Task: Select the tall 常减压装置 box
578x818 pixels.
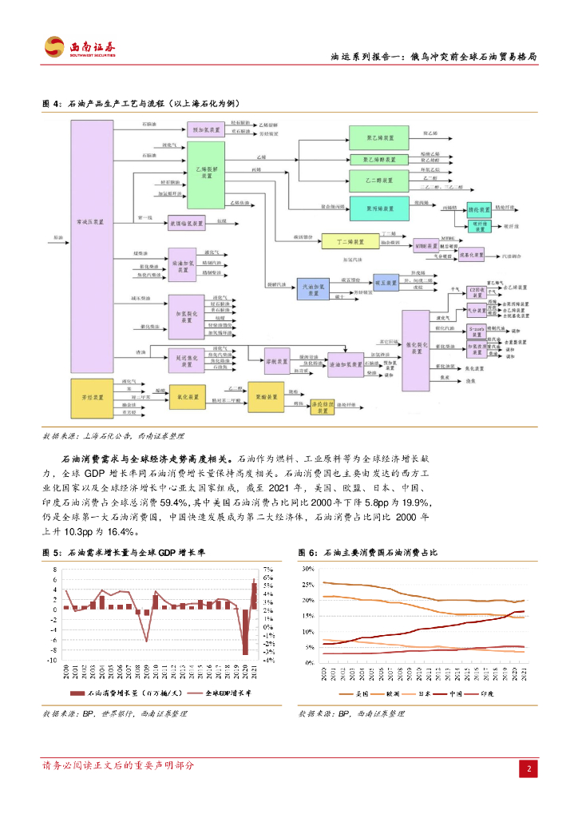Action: pos(93,224)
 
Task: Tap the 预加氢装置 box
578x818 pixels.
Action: pos(206,129)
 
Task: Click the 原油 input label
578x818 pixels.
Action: pos(57,237)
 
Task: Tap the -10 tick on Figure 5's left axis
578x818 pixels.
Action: pos(52,661)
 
